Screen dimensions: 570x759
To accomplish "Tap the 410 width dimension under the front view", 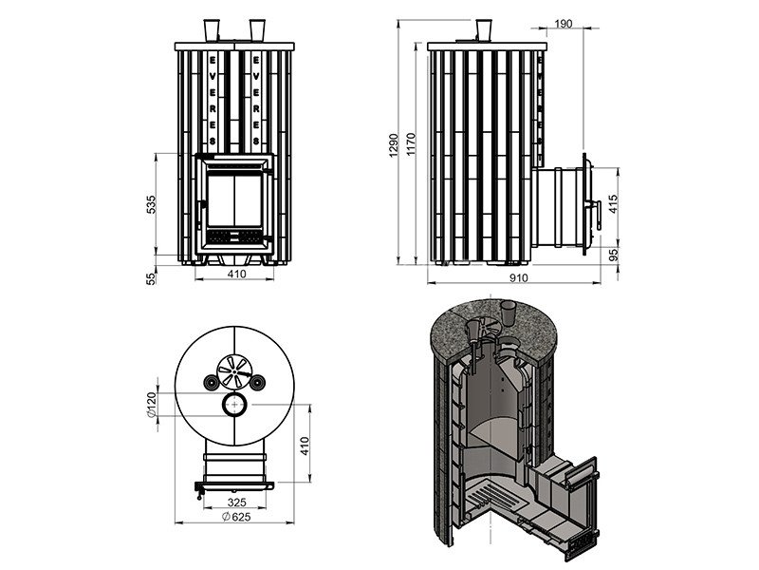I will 236,275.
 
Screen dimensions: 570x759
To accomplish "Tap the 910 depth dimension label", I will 519,279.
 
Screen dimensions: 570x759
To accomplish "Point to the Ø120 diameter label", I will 151,408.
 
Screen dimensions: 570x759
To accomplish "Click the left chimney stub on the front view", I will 211,28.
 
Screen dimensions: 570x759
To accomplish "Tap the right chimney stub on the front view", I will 256,28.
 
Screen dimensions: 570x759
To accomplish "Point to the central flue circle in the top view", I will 233,406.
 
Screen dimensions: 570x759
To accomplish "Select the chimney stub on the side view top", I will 484,28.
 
